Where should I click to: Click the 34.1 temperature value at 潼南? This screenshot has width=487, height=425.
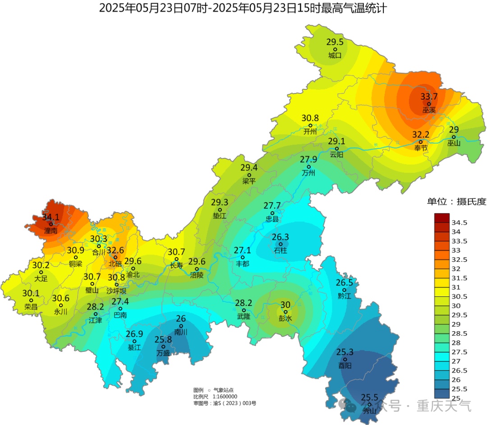click(51, 217)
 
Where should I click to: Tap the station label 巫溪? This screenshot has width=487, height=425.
click(429, 110)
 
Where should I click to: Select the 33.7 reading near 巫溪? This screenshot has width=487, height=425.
click(429, 97)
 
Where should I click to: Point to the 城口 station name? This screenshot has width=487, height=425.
click(335, 55)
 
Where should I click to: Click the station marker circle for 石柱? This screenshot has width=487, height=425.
click(280, 244)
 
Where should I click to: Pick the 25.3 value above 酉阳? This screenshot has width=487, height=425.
click(345, 352)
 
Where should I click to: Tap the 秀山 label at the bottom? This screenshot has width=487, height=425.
click(369, 411)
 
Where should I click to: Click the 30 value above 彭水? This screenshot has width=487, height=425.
click(285, 305)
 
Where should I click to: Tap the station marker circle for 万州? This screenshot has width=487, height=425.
click(309, 166)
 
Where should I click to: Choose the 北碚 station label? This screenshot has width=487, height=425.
click(115, 263)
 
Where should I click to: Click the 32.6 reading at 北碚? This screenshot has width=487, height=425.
click(115, 250)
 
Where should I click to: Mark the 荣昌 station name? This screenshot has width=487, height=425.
click(31, 306)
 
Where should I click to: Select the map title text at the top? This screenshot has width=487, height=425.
click(243, 8)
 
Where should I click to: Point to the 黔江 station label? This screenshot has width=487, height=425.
click(344, 296)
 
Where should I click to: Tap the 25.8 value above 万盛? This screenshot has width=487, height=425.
click(163, 339)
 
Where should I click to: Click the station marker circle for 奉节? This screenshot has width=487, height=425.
click(420, 142)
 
